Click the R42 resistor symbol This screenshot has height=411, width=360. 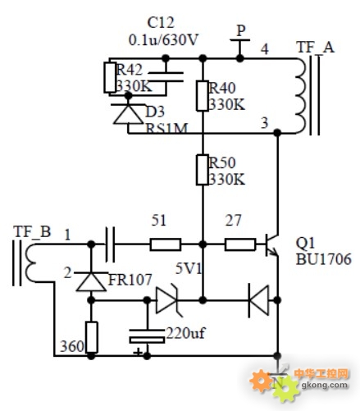point(110,77)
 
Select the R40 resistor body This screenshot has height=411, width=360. point(203,96)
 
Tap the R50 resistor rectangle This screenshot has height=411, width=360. point(203,170)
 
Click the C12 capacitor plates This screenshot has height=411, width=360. point(166,77)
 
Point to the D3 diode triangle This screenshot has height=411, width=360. point(128,114)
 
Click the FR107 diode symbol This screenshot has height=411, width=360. point(91,281)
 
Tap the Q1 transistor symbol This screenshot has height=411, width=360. point(271,244)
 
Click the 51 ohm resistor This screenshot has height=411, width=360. point(166,244)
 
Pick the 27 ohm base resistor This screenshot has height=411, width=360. point(240,244)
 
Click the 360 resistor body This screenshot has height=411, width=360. point(92,337)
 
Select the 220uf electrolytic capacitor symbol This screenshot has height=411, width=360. point(147,336)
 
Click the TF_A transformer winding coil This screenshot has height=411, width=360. point(301,96)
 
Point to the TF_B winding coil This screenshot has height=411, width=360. point(31,263)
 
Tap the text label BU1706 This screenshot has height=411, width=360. point(323,259)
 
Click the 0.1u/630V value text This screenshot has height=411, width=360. point(163,40)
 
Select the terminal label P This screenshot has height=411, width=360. point(240,30)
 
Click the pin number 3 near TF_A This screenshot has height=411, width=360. point(265,123)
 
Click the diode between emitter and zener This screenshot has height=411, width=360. point(258,300)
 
